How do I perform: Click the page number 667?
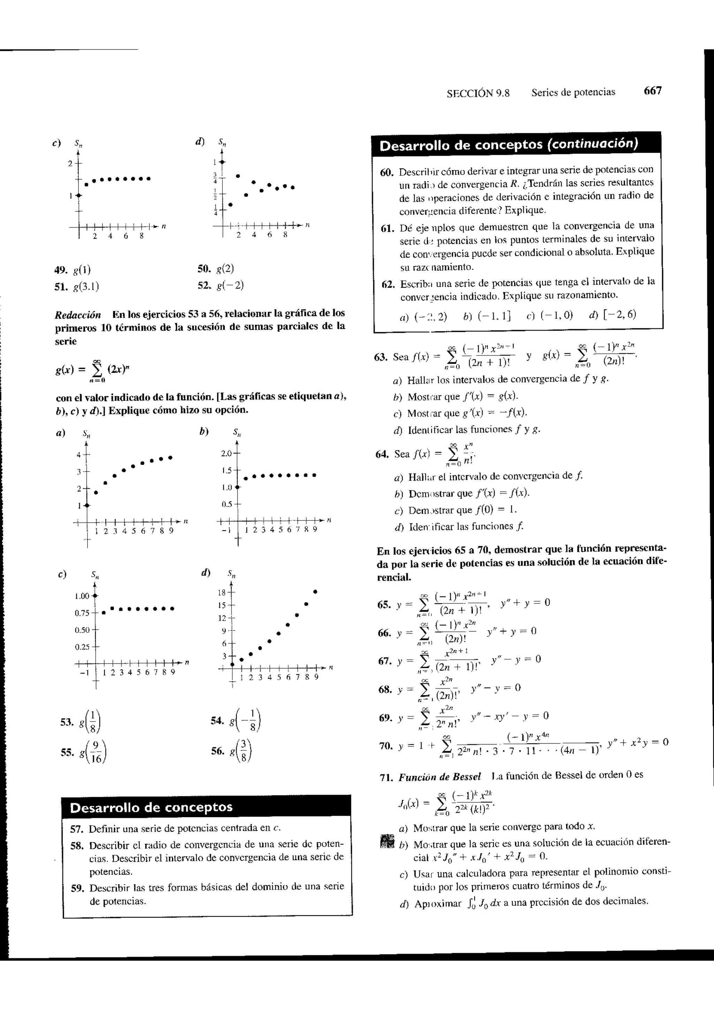click(x=652, y=91)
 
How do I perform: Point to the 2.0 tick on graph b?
click(x=226, y=453)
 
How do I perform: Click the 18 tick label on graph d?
click(x=222, y=592)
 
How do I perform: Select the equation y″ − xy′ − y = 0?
click(x=509, y=716)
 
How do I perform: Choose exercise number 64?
click(x=381, y=454)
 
